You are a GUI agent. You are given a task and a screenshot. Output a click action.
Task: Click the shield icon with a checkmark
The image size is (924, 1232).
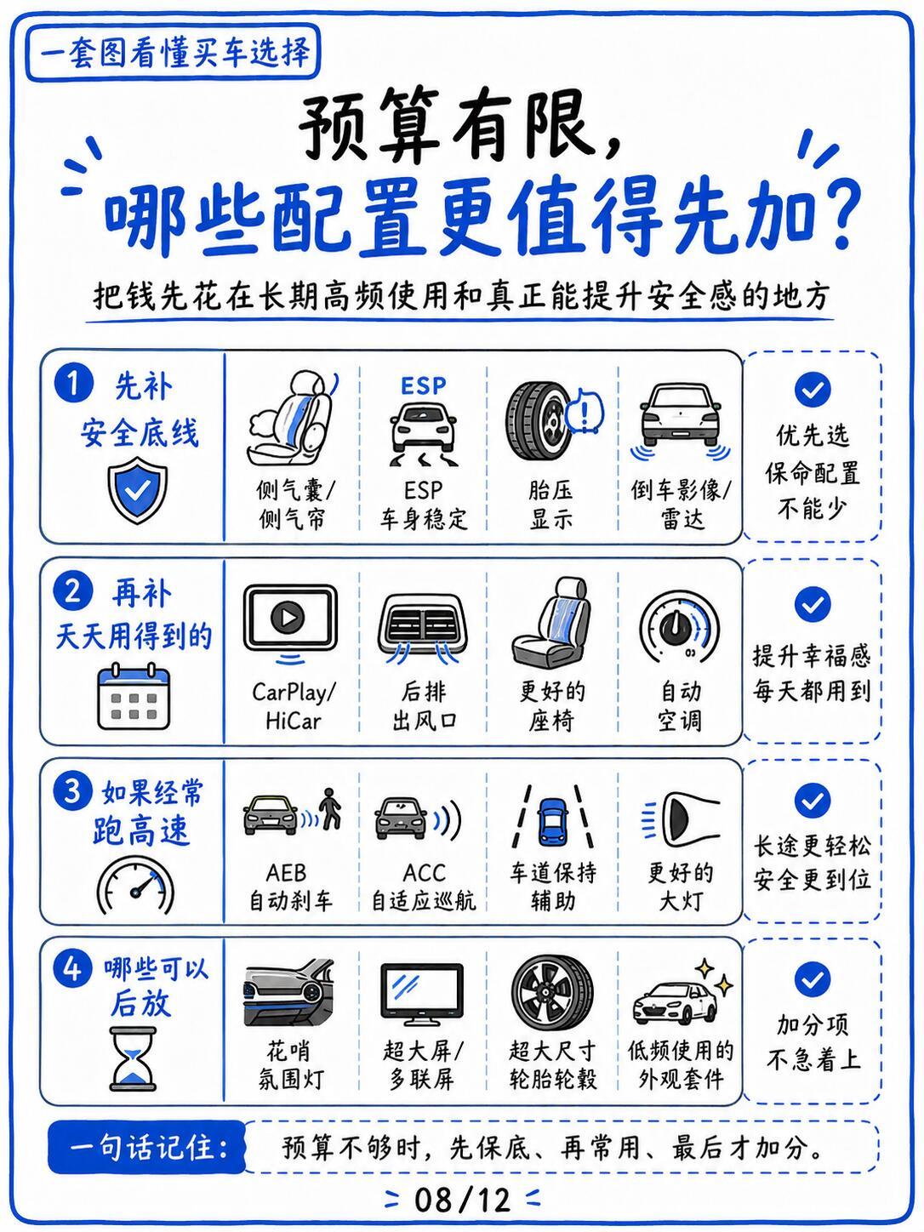[138, 489]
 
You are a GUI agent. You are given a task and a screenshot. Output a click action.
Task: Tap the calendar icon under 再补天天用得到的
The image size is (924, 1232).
[134, 696]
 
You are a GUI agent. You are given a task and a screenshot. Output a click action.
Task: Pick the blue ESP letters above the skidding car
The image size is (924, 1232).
[424, 386]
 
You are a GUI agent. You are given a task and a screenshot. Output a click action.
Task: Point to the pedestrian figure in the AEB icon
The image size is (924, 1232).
[330, 809]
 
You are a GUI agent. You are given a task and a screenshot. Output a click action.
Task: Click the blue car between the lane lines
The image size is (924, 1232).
[552, 821]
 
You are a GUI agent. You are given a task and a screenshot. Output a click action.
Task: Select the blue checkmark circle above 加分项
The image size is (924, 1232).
[813, 979]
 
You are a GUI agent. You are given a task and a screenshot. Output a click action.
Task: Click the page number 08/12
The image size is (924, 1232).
[462, 1200]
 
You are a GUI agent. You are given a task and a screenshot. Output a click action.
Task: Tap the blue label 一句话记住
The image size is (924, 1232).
[147, 1147]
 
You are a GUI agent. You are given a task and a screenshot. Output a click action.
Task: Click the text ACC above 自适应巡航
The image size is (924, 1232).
[424, 873]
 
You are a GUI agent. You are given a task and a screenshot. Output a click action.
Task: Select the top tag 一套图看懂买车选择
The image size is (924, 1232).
[174, 52]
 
